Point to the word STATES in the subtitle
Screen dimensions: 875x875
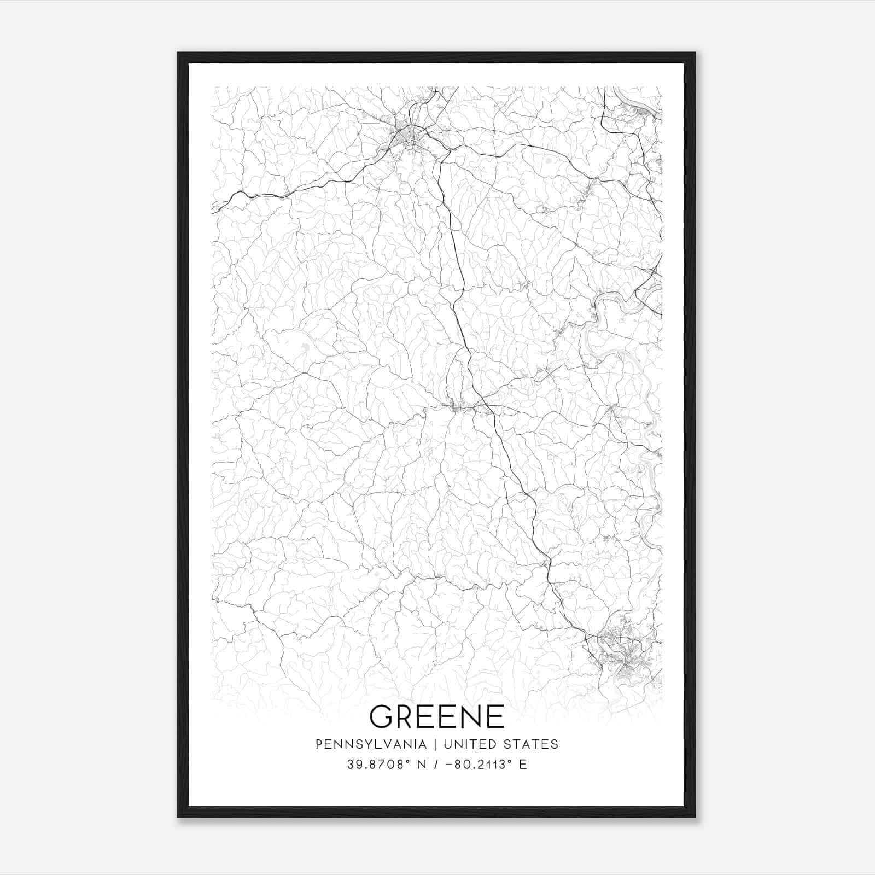531,744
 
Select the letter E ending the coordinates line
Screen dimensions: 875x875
523,764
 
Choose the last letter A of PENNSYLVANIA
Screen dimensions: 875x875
423,744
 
